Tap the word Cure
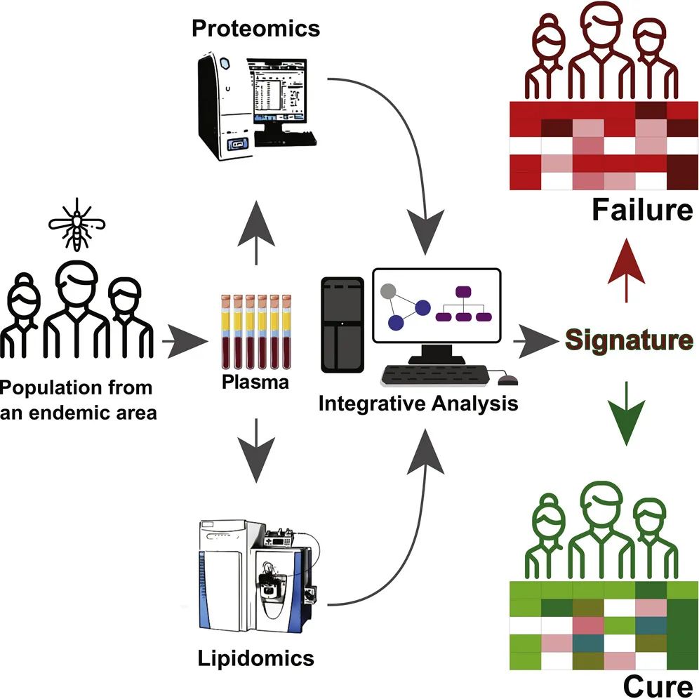(658, 684)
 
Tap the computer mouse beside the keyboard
(507, 381)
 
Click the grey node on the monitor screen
(388, 290)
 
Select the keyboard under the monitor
(435, 377)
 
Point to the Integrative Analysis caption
(418, 404)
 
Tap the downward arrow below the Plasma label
(256, 452)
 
